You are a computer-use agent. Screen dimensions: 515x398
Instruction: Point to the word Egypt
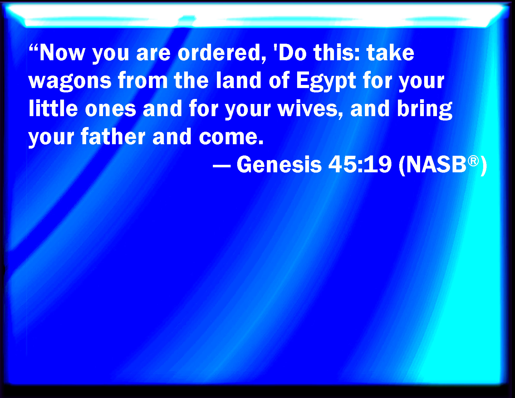tap(326, 81)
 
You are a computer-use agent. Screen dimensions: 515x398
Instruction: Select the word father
tap(113, 136)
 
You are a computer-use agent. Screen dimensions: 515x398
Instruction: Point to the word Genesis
tap(279, 164)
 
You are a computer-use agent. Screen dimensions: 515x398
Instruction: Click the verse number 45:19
tap(360, 164)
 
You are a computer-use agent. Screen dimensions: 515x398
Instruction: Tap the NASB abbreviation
tap(436, 164)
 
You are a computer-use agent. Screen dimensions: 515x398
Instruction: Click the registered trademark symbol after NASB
tap(473, 161)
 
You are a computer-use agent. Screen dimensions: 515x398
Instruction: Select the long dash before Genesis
tap(222, 165)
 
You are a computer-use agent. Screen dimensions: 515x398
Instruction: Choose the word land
tap(238, 81)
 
